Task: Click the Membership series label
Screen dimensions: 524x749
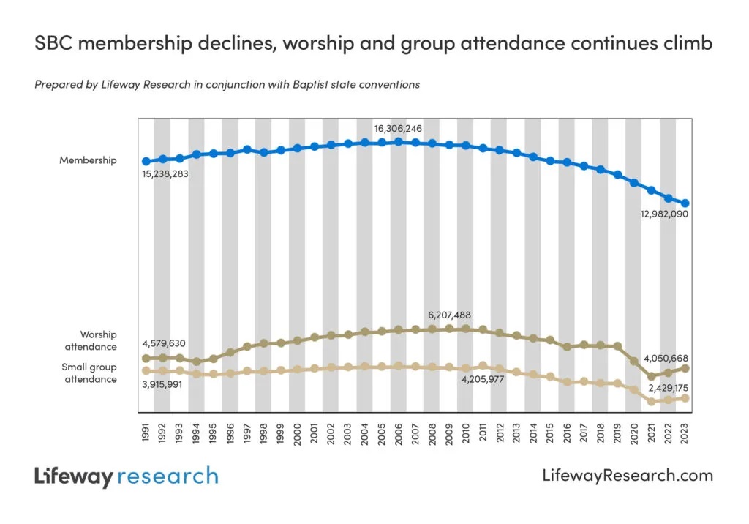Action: pyautogui.click(x=88, y=160)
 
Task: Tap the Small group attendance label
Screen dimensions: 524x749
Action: pyautogui.click(x=89, y=373)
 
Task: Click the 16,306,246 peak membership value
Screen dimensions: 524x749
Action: pyautogui.click(x=398, y=129)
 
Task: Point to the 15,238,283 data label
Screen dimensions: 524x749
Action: pyautogui.click(x=165, y=174)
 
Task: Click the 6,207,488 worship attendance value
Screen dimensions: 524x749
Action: pyautogui.click(x=449, y=315)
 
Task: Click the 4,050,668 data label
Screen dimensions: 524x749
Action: pyautogui.click(x=667, y=358)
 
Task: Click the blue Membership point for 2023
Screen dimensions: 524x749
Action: pyautogui.click(x=685, y=203)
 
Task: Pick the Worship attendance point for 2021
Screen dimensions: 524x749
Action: pyautogui.click(x=651, y=376)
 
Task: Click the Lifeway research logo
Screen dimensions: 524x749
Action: pyautogui.click(x=126, y=476)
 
